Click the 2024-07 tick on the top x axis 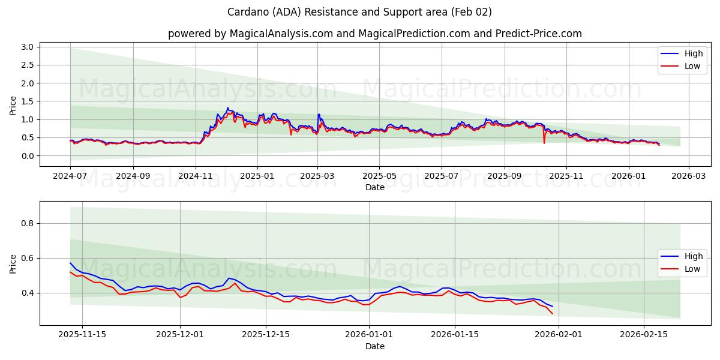[70, 176]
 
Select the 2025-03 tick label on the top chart [317, 176]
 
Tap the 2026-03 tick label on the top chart [688, 176]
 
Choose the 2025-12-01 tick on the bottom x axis [180, 335]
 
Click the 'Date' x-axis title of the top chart [375, 187]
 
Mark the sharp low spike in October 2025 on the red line [544, 143]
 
